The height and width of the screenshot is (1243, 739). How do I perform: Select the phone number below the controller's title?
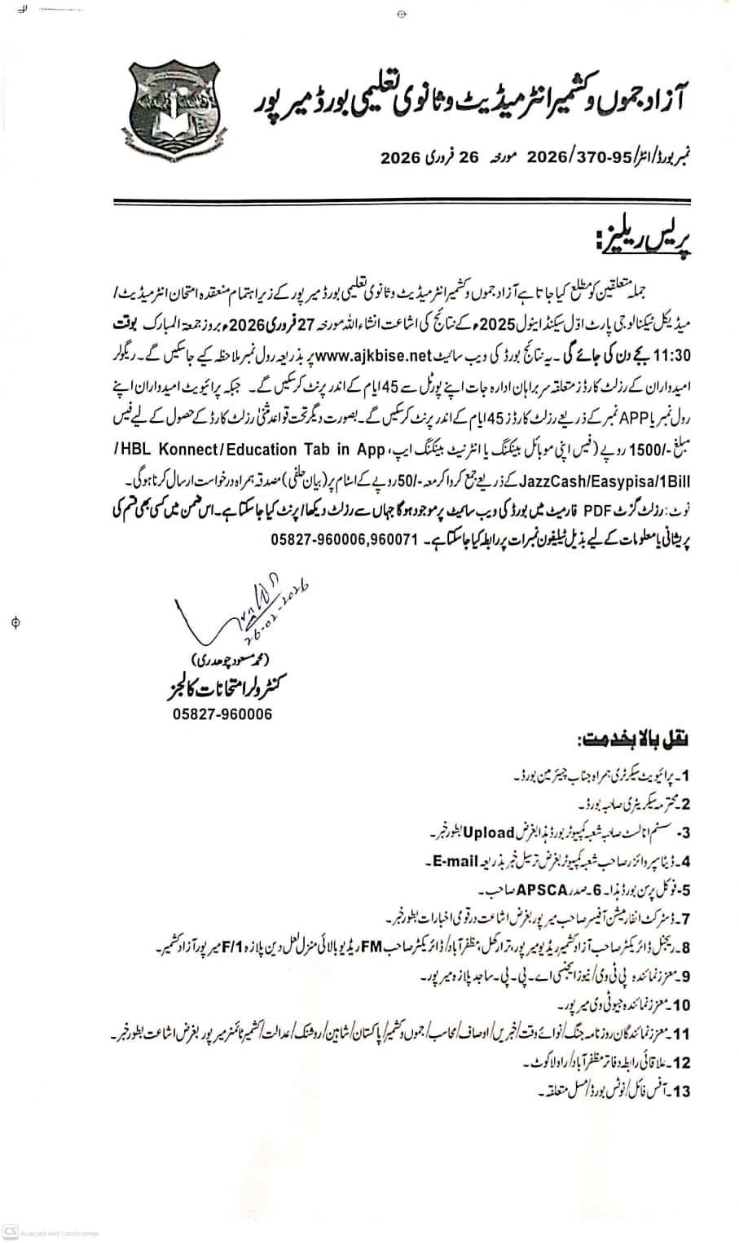click(x=222, y=714)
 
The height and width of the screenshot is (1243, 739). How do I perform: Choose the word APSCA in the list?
click(x=539, y=889)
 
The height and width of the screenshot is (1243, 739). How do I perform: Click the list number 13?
click(x=680, y=1091)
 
